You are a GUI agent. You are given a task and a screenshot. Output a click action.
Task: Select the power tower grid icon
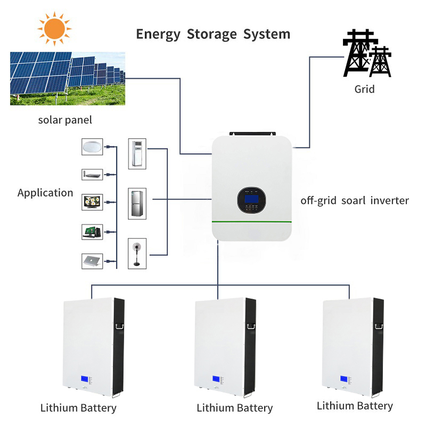click(367, 53)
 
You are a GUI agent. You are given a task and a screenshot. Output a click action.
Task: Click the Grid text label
click(365, 89)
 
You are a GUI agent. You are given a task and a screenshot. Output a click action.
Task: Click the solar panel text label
click(65, 120)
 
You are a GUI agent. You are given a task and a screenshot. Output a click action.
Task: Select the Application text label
click(45, 193)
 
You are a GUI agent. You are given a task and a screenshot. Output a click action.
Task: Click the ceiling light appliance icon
click(92, 147)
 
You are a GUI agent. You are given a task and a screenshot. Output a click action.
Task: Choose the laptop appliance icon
click(92, 261)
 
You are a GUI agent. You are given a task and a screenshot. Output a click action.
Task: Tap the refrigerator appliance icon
click(137, 202)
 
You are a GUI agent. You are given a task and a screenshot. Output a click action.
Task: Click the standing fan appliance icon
click(137, 252)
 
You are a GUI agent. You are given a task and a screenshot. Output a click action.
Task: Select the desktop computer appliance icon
click(92, 232)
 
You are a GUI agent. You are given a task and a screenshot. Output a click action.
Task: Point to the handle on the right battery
click(379, 324)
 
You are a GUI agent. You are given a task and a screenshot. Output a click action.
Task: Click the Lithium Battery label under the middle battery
click(234, 408)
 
